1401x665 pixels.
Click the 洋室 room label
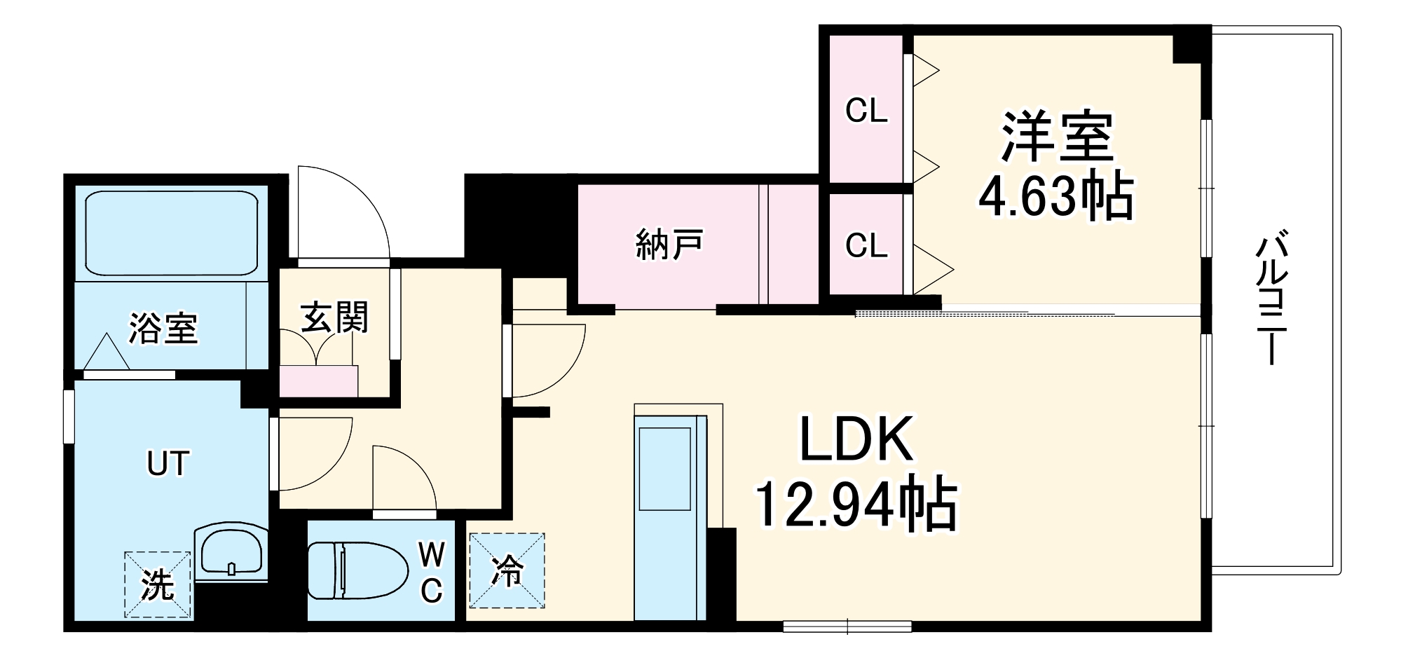(1056, 137)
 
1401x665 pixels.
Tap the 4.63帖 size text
(1056, 196)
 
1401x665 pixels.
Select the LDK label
(856, 439)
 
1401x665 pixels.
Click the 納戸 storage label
(669, 245)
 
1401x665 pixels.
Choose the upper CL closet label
(866, 111)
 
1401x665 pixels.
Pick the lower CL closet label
(866, 245)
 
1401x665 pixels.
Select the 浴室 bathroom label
(163, 328)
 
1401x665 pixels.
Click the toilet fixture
(357, 570)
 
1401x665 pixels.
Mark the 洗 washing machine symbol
(158, 584)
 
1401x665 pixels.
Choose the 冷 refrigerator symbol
(507, 570)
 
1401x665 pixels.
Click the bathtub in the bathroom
(172, 234)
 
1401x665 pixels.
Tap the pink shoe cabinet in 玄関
(319, 381)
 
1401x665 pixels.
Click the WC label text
(432, 573)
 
